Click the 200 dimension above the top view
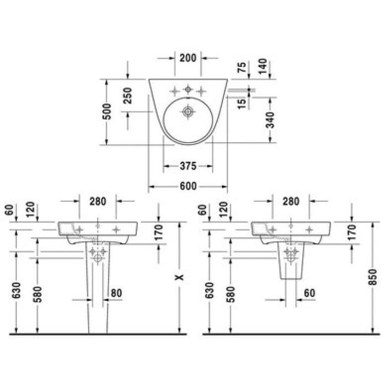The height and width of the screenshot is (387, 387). [x=188, y=58]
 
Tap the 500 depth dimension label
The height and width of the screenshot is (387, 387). [x=107, y=112]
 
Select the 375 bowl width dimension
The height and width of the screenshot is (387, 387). [x=188, y=166]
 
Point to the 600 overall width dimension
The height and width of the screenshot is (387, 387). [x=188, y=186]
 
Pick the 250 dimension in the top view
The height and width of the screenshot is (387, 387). [x=128, y=95]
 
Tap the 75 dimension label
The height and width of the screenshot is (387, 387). [x=242, y=67]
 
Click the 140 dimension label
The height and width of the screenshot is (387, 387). [x=263, y=66]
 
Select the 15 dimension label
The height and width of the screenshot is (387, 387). [x=242, y=104]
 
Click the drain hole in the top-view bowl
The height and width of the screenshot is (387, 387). [x=188, y=112]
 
